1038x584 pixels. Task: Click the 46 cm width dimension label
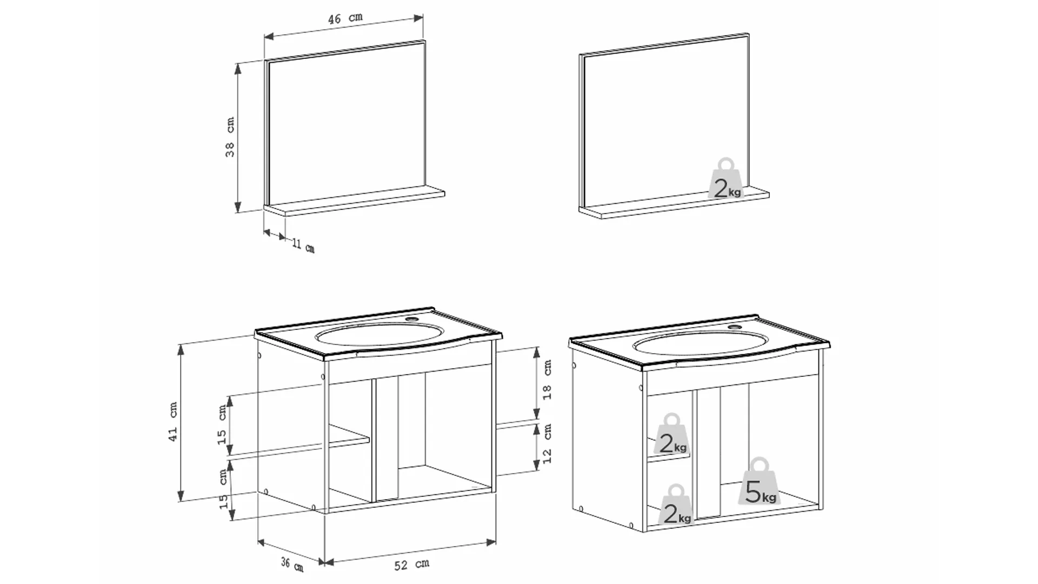coord(345,18)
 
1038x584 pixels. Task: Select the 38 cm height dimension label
coord(230,137)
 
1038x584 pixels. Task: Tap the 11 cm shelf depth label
coord(303,245)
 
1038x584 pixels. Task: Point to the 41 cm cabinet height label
coord(173,421)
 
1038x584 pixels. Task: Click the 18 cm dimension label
coord(548,380)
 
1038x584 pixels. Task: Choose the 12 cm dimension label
coord(548,443)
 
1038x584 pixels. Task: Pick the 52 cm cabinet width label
coord(411,565)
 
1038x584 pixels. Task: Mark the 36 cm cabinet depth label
coord(292,564)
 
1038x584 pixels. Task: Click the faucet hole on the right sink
coord(735,328)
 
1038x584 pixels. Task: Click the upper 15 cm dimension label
coord(222,424)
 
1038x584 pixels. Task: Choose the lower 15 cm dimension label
coord(223,489)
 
